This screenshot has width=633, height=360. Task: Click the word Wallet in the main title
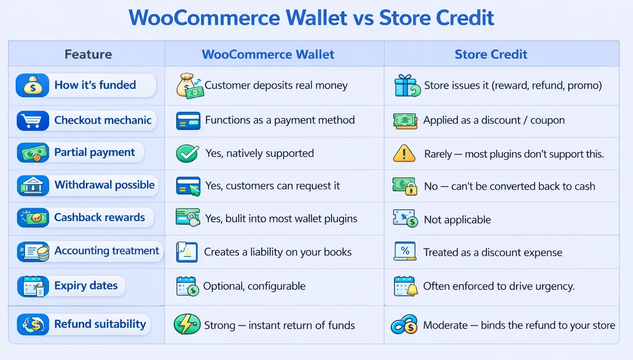click(316, 18)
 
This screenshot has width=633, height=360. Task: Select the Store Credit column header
click(491, 54)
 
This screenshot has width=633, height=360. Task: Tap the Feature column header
click(88, 54)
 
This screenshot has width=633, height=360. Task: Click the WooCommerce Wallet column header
click(268, 54)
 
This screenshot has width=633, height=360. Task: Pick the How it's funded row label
click(95, 85)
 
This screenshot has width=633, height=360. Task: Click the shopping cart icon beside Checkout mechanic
click(33, 121)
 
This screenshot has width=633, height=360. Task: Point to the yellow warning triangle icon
click(404, 153)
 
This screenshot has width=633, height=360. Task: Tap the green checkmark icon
click(188, 153)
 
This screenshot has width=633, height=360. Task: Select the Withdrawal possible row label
click(105, 185)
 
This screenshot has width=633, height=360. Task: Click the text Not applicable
click(457, 220)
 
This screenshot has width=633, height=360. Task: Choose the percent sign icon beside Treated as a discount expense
click(405, 251)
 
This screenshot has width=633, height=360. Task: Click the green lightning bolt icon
click(187, 324)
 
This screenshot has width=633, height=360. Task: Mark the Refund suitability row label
click(100, 324)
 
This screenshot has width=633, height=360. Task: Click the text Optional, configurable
click(254, 286)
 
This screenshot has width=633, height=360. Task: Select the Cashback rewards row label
click(99, 217)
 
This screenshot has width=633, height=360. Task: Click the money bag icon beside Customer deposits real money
click(189, 86)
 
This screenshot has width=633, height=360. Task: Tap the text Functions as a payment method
click(280, 120)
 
